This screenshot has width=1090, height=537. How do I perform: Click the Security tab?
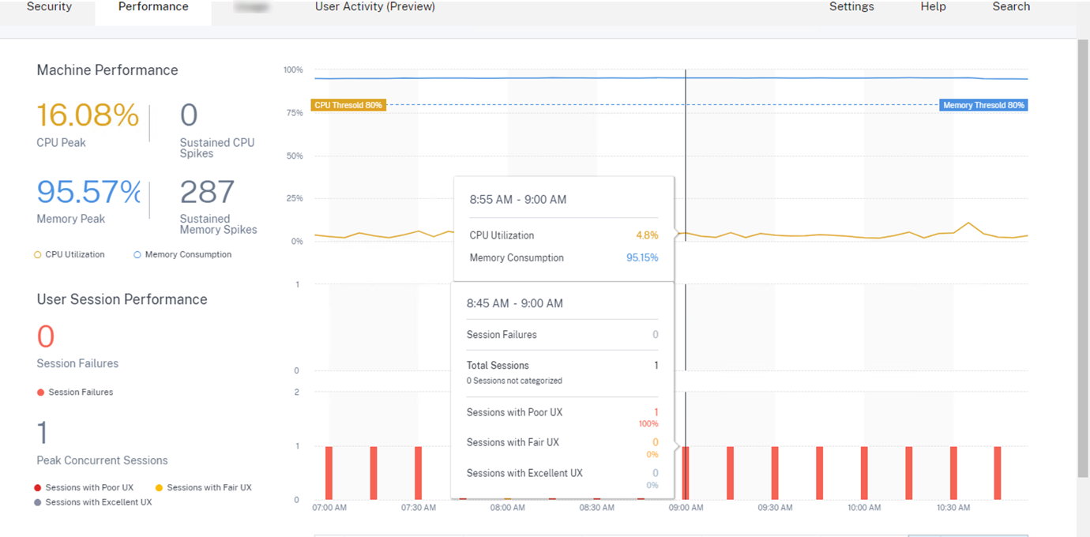pyautogui.click(x=49, y=7)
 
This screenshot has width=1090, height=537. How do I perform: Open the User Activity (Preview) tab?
pyautogui.click(x=374, y=7)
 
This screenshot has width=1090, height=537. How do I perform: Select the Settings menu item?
pyautogui.click(x=851, y=7)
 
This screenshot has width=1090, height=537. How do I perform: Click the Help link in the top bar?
pyautogui.click(x=933, y=7)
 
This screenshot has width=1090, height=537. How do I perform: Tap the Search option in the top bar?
pyautogui.click(x=1011, y=7)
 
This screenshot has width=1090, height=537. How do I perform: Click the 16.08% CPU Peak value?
pyautogui.click(x=88, y=116)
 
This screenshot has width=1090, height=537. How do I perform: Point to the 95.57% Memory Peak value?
pyautogui.click(x=88, y=192)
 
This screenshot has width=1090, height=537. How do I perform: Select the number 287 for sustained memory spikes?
pyautogui.click(x=207, y=192)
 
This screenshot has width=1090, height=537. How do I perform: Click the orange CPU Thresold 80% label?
pyautogui.click(x=348, y=105)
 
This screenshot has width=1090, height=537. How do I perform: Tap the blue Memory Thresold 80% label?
pyautogui.click(x=983, y=105)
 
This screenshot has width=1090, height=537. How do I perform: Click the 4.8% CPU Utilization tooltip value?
pyautogui.click(x=647, y=235)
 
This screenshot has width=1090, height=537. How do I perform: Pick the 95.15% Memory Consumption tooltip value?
pyautogui.click(x=642, y=257)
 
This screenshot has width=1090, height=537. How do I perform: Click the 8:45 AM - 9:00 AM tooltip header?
pyautogui.click(x=514, y=303)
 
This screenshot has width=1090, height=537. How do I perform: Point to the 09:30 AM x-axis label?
pyautogui.click(x=774, y=508)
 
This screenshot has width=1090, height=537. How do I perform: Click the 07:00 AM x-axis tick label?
pyautogui.click(x=329, y=508)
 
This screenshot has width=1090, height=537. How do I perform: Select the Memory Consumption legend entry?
pyautogui.click(x=188, y=254)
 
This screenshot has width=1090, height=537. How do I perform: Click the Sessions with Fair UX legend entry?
pyautogui.click(x=209, y=487)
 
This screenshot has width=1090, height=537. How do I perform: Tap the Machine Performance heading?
pyautogui.click(x=107, y=70)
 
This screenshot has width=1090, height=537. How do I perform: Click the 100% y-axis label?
pyautogui.click(x=293, y=70)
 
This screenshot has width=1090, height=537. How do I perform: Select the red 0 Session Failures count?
pyautogui.click(x=46, y=337)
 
